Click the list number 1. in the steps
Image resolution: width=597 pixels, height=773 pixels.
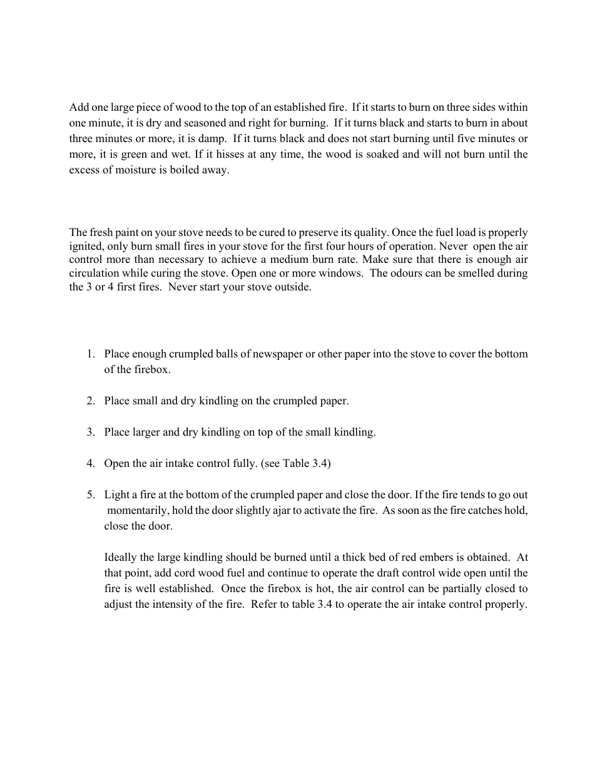pos(91,354)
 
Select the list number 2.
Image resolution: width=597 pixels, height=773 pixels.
pos(91,401)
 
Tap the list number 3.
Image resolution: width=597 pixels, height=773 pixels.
pos(91,433)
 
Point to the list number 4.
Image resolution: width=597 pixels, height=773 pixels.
pos(91,464)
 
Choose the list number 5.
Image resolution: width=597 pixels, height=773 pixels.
pos(91,495)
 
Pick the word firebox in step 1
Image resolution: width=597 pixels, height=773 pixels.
pos(151,370)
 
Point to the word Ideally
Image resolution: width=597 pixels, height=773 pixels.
pos(121,558)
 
